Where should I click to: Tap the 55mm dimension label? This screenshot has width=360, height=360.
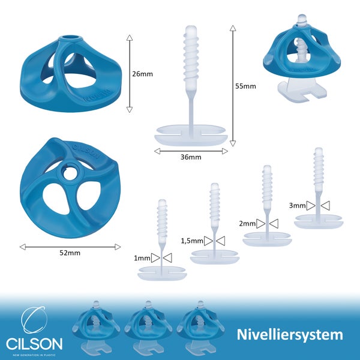coord(245,86)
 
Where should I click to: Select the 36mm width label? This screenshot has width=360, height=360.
coord(191,157)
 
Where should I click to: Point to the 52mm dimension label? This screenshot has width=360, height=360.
coord(70,253)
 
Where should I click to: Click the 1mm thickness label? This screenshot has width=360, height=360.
coord(142,258)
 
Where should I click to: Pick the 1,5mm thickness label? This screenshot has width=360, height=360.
coord(191,241)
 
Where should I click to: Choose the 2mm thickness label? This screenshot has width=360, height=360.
coord(247,224)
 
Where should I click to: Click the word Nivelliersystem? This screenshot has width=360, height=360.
coord(290,334)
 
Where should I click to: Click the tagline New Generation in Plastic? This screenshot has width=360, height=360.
coord(34,355)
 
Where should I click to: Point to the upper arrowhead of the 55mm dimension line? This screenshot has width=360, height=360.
coord(233,27)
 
